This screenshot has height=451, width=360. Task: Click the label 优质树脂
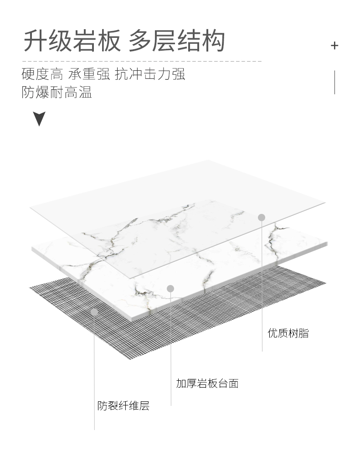(x=288, y=333)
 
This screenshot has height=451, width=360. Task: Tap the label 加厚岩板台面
(x=207, y=384)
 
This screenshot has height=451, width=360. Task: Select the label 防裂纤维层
(x=123, y=405)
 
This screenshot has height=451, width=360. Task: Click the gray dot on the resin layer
(x=262, y=218)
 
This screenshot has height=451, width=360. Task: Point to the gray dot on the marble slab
(x=170, y=288)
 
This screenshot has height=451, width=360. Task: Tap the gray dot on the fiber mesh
(x=94, y=312)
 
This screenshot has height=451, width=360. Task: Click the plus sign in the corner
(x=334, y=45)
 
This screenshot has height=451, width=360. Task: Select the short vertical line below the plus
(x=335, y=82)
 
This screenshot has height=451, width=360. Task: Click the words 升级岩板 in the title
(x=72, y=41)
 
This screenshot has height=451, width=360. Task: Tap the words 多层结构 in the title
(x=177, y=41)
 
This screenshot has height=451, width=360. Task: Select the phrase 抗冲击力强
(x=150, y=74)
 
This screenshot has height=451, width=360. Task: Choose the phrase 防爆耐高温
(x=57, y=92)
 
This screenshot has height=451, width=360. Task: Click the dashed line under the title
(x=141, y=61)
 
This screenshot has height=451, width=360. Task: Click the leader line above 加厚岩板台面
(x=171, y=347)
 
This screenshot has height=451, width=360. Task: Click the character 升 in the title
(x=36, y=41)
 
